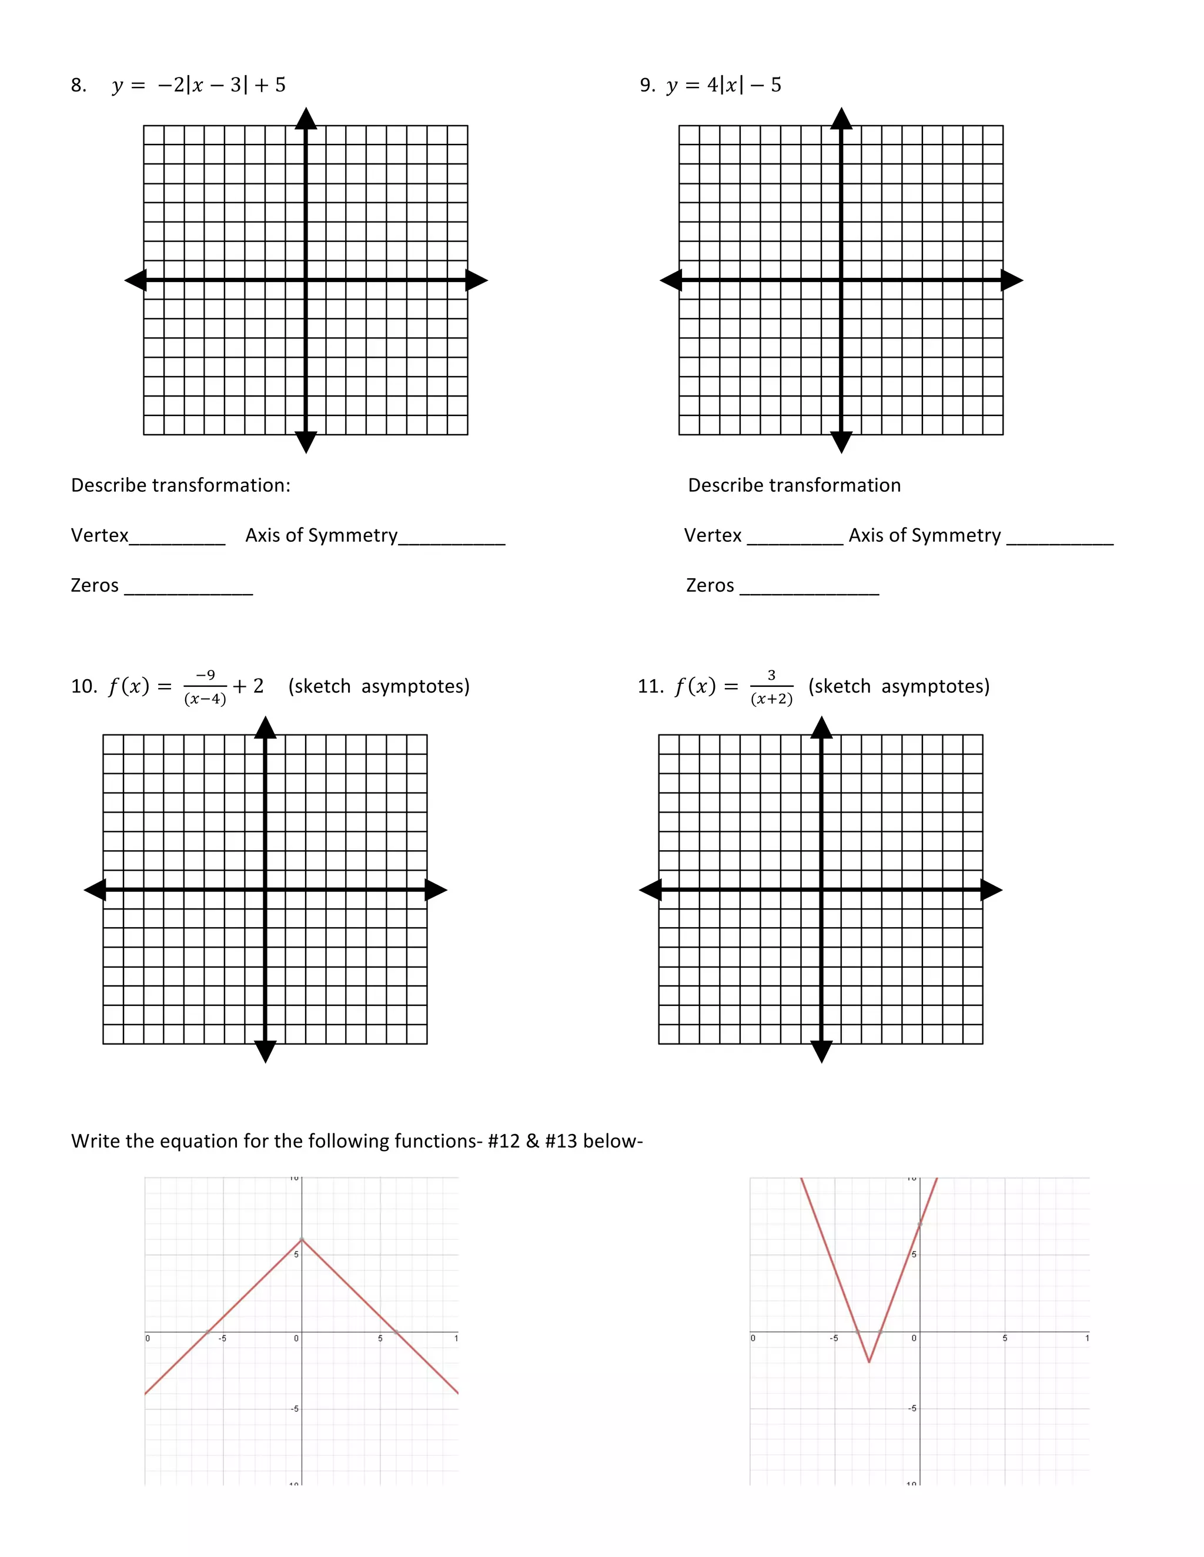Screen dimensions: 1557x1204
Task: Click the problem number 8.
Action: coord(78,86)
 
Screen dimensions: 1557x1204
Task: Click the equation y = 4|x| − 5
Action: coord(724,86)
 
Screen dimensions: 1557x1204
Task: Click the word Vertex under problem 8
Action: coord(99,535)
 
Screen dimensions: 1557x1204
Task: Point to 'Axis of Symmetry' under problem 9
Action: coord(924,535)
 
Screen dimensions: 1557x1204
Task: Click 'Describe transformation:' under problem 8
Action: coord(180,485)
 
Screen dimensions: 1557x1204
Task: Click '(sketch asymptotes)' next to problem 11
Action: coord(899,686)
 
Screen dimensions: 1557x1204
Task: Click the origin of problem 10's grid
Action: coord(265,890)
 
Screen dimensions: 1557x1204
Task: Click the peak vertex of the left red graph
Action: coord(302,1239)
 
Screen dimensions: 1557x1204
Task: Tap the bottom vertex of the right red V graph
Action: coord(869,1363)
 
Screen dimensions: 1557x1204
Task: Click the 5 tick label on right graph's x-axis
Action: coord(1004,1339)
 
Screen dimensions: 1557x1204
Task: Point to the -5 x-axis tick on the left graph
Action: coord(223,1339)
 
